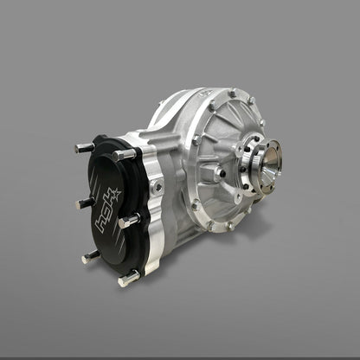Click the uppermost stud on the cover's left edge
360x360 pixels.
(84, 148)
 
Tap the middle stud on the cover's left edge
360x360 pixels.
(86, 202)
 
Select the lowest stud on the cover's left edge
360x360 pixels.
(91, 256)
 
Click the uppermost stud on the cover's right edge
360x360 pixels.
(126, 155)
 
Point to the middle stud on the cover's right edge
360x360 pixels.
(130, 220)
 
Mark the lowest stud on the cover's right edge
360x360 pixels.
(129, 278)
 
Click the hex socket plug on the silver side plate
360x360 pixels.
(156, 186)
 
